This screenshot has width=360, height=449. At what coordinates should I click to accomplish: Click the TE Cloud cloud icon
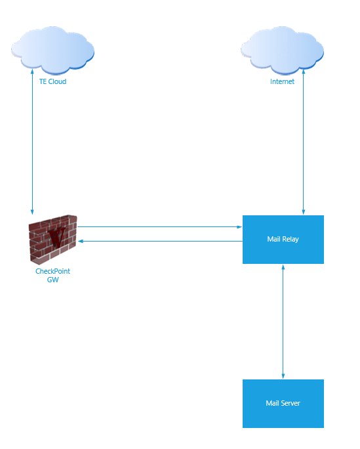[53, 51]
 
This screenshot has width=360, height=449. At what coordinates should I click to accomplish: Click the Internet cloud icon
[283, 51]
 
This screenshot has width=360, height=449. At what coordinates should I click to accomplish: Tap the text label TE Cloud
[53, 81]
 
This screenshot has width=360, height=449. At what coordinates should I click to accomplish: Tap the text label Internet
[282, 81]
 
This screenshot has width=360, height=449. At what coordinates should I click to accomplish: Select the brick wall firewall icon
[53, 239]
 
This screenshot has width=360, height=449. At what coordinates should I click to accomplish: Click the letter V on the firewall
[57, 236]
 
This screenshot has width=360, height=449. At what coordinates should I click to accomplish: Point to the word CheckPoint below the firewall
[52, 271]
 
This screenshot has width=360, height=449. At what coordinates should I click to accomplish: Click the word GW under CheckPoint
[53, 280]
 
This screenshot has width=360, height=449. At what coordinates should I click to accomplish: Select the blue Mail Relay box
[283, 240]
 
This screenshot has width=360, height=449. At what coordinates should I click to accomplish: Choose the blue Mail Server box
[283, 404]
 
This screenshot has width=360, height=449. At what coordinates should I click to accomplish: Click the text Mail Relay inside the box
[283, 239]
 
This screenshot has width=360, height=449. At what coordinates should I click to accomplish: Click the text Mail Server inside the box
[283, 403]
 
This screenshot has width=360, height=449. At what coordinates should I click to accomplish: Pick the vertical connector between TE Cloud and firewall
[32, 142]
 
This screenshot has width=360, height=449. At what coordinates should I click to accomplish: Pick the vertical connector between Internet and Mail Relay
[304, 142]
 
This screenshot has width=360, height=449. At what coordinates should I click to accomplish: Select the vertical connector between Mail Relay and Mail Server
[283, 322]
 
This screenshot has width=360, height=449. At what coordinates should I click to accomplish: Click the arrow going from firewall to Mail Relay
[160, 227]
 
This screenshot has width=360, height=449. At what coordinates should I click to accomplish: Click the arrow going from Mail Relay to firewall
[160, 242]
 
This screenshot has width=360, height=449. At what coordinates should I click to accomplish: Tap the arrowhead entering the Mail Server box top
[283, 376]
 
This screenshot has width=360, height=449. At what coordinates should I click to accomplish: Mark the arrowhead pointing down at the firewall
[32, 211]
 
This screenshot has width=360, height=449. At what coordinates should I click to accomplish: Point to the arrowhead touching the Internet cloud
[304, 72]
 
